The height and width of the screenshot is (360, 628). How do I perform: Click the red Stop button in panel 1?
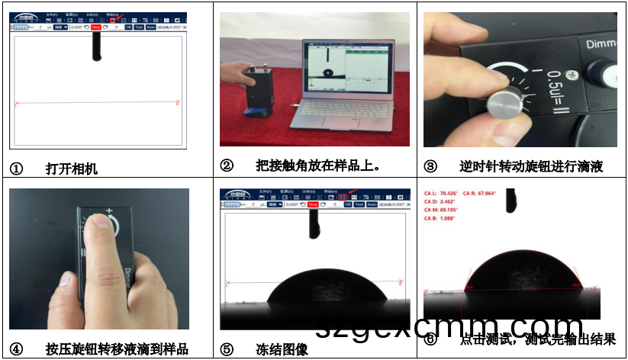coord(95,27)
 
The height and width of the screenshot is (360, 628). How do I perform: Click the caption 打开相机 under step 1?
coord(72,169)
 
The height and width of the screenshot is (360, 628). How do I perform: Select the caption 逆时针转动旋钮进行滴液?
coord(531,167)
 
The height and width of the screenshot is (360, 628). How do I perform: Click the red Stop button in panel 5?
coord(313,204)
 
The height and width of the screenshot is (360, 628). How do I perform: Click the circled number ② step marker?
coord(227,166)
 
